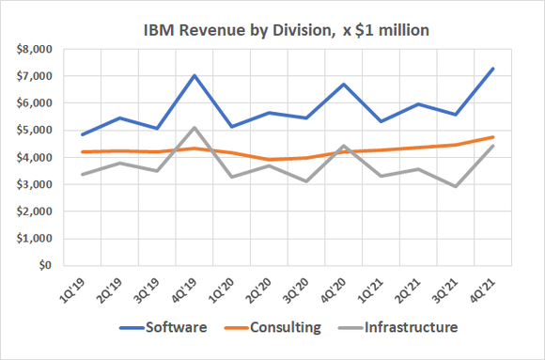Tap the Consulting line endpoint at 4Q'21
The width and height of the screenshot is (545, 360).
tap(493, 137)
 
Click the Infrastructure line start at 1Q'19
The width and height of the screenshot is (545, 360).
tap(83, 174)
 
